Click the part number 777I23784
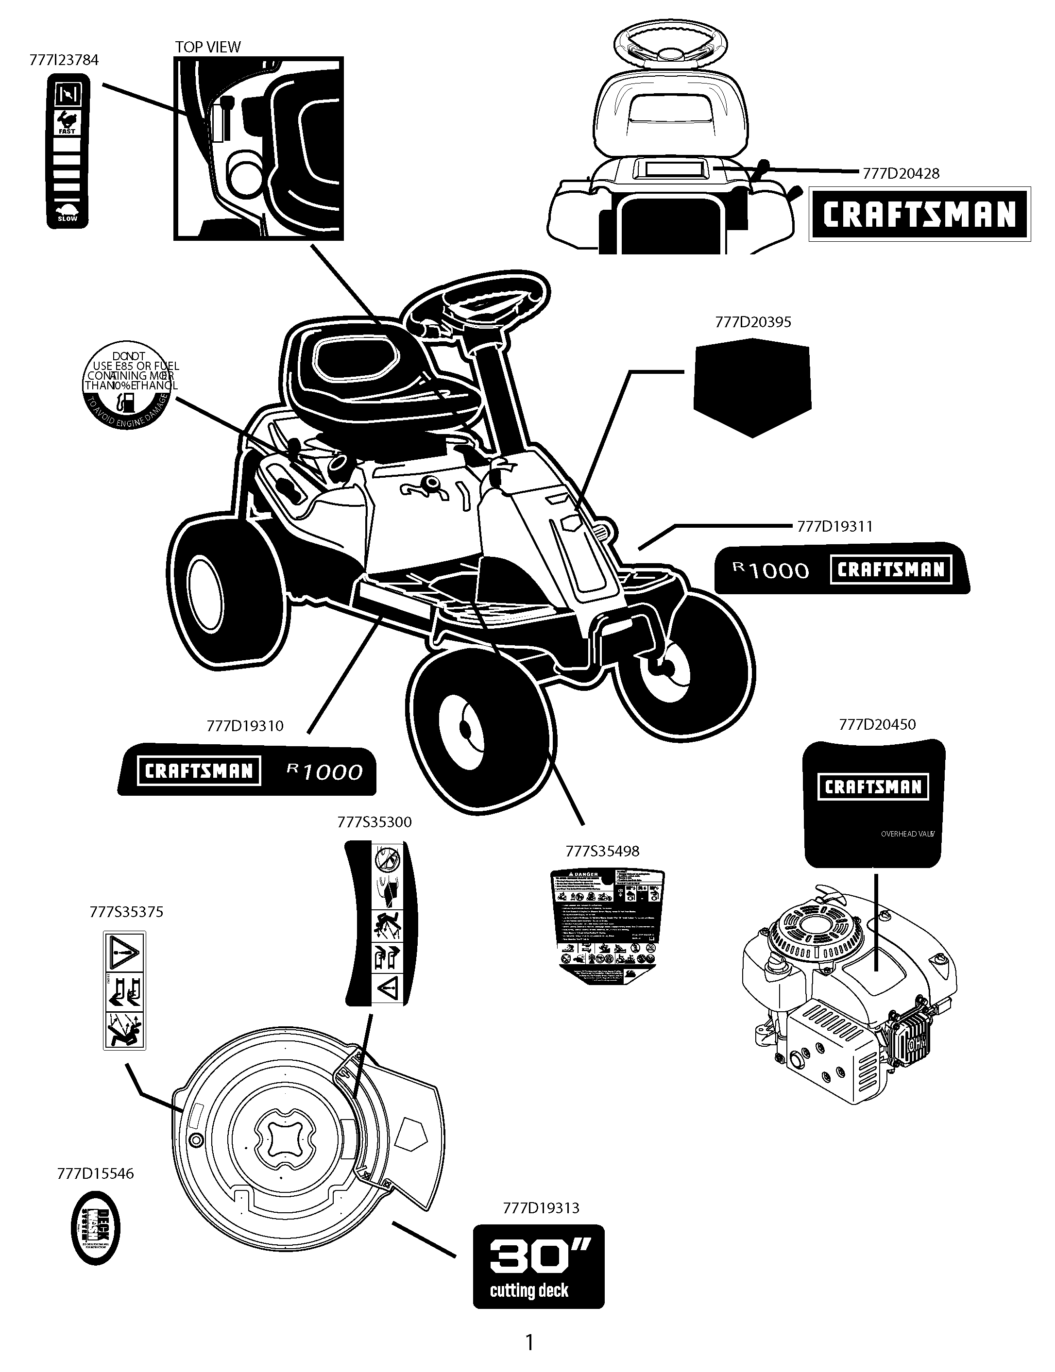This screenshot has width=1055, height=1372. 64,60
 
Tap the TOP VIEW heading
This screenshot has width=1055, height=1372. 207,47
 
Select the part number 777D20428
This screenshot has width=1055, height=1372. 901,174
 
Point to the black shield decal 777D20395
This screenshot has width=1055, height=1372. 752,386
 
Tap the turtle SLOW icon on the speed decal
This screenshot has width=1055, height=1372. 67,213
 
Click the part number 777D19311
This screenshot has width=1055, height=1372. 834,527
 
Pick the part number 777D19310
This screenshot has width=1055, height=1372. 245,726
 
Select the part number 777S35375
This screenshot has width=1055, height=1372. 126,912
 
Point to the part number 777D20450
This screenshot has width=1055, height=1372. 877,724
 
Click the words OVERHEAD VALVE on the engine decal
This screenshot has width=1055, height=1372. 907,834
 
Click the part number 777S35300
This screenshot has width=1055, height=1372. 374,822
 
